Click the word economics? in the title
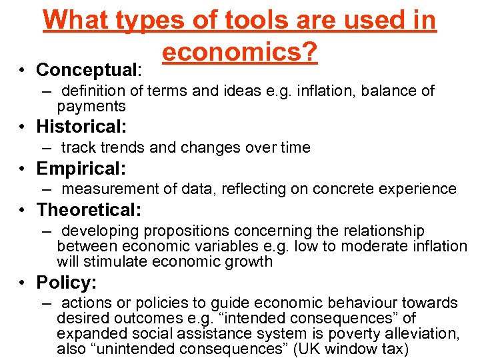[x=239, y=51]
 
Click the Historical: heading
[x=81, y=126]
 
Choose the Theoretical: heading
[x=89, y=210]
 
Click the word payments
[x=91, y=107]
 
